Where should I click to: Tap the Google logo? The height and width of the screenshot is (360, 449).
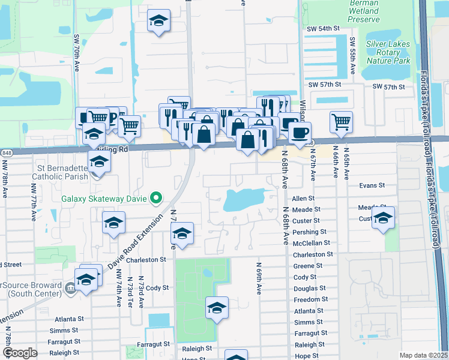tap(20, 353)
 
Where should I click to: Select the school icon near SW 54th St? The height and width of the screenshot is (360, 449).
tap(158, 22)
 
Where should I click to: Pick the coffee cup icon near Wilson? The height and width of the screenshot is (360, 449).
tap(300, 132)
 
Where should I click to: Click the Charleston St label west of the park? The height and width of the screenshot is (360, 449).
tap(145, 260)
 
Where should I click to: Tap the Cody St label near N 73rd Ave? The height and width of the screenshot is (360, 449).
tap(157, 288)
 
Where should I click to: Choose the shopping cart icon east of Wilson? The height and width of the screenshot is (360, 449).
tap(341, 121)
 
